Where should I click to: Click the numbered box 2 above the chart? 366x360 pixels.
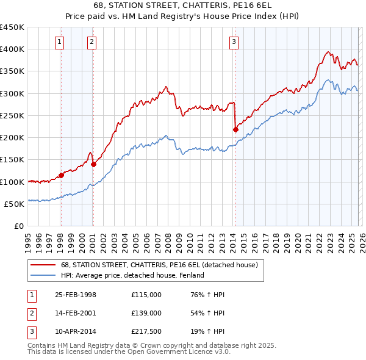pos(91,41)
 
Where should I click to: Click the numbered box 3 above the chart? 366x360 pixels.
pos(234,41)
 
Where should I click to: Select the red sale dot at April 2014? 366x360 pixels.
pos(235,129)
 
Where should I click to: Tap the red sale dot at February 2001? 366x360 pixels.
pos(93,164)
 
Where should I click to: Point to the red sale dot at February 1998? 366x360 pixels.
pos(61,175)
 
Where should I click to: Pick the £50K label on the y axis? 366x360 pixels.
pos(14,204)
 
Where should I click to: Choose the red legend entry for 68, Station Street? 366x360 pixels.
pos(159,265)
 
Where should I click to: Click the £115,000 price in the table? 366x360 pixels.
pos(146,295)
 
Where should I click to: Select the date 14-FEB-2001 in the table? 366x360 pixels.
pos(76,313)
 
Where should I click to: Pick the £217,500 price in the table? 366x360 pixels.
pos(146,331)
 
